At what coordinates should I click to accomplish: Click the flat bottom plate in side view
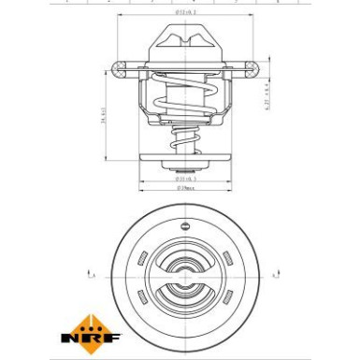[x=180, y=166]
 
